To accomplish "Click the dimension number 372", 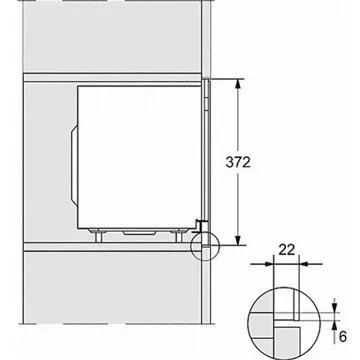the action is (x=238, y=162).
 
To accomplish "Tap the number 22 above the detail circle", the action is (x=287, y=250).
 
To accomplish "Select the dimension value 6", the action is (x=342, y=337).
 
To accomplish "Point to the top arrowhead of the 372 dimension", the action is (x=238, y=84).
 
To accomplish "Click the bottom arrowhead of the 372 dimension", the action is (x=238, y=240).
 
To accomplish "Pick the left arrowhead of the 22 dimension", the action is (x=268, y=264).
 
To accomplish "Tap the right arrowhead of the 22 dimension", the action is (x=304, y=264).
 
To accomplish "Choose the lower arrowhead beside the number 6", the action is (x=335, y=325).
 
